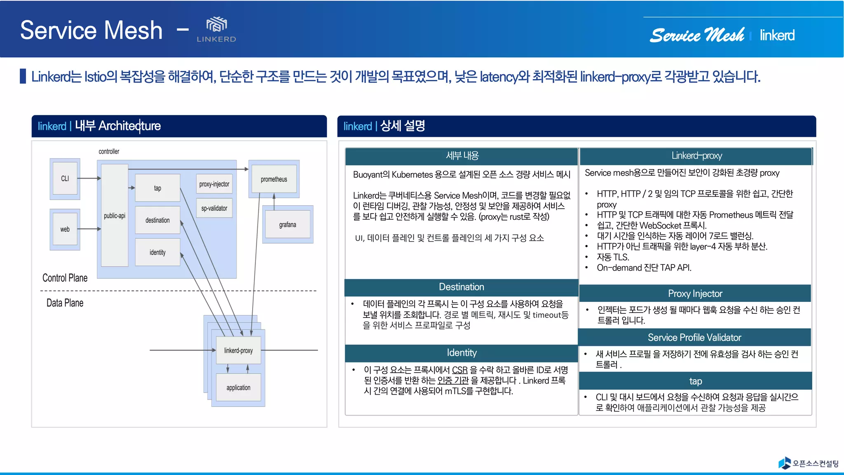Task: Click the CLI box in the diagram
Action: [65, 179]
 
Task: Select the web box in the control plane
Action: [65, 229]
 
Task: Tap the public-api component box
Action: [115, 216]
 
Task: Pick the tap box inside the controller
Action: [157, 188]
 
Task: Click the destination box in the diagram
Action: [157, 220]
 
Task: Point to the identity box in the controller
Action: [157, 252]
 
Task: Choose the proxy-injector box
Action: [214, 184]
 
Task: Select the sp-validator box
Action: [214, 208]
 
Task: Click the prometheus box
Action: [274, 179]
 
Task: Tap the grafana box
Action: [287, 225]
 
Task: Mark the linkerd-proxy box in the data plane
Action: [238, 350]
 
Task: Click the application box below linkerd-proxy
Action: [238, 388]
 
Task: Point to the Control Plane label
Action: [65, 278]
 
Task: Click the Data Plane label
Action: [65, 303]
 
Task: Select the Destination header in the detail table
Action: [461, 287]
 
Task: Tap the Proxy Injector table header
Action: [695, 294]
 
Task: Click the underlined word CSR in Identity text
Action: [460, 370]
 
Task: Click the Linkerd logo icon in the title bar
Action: [216, 25]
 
